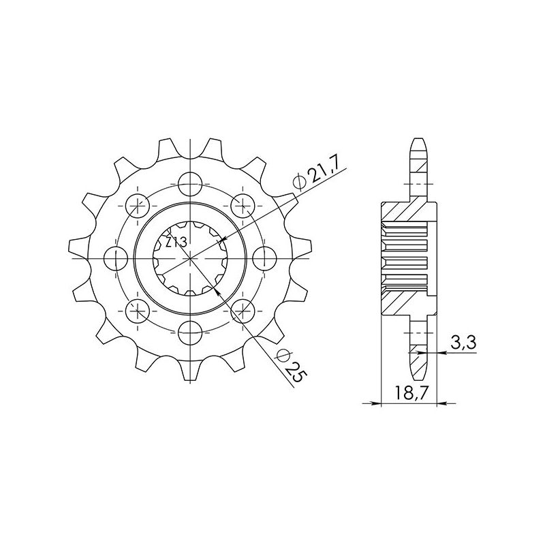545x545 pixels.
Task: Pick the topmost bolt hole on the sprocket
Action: tap(191, 181)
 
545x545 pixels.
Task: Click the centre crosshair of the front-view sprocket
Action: tap(191, 258)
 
